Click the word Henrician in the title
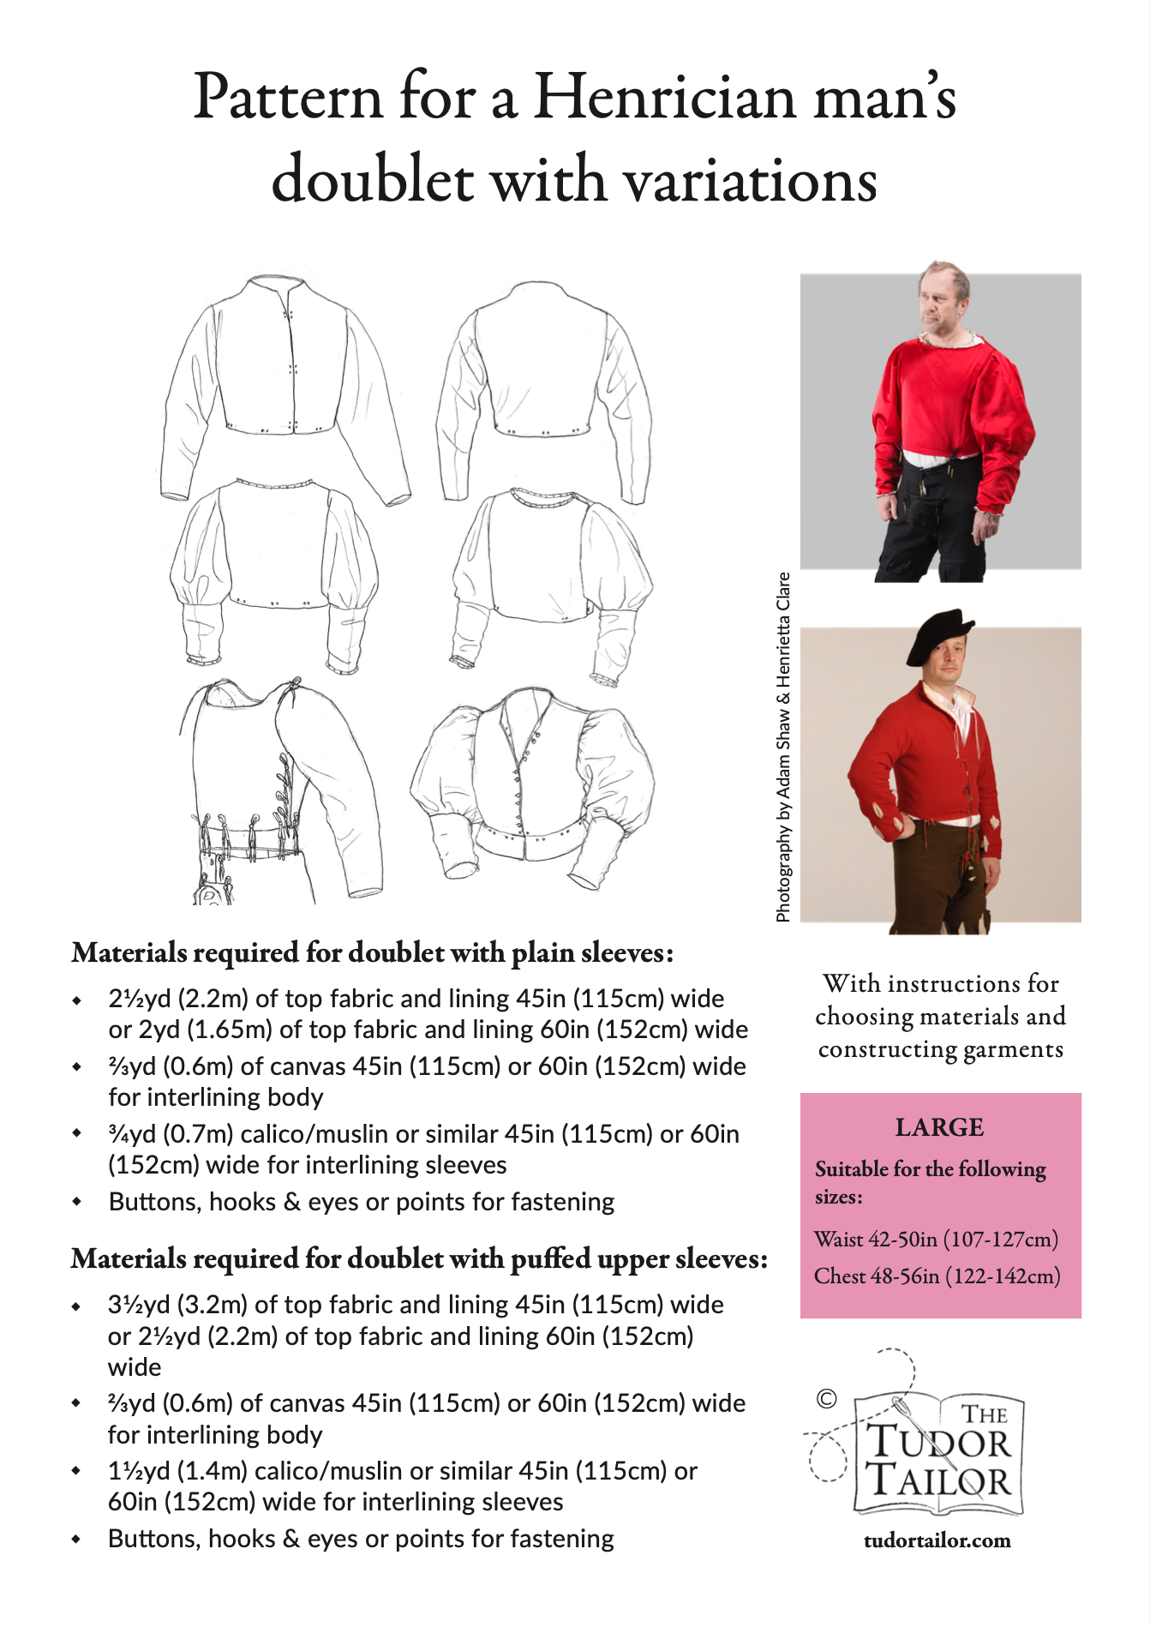coord(665,97)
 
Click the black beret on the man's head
coord(939,634)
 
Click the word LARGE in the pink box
coord(939,1127)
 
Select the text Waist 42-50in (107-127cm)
coord(936,1240)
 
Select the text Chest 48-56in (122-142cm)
coord(937,1276)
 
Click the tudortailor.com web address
coord(937,1540)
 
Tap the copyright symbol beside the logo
coord(826,1399)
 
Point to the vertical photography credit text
coord(782,746)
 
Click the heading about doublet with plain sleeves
coord(373,953)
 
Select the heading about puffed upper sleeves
coord(419,1259)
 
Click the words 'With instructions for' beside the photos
coord(940,983)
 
